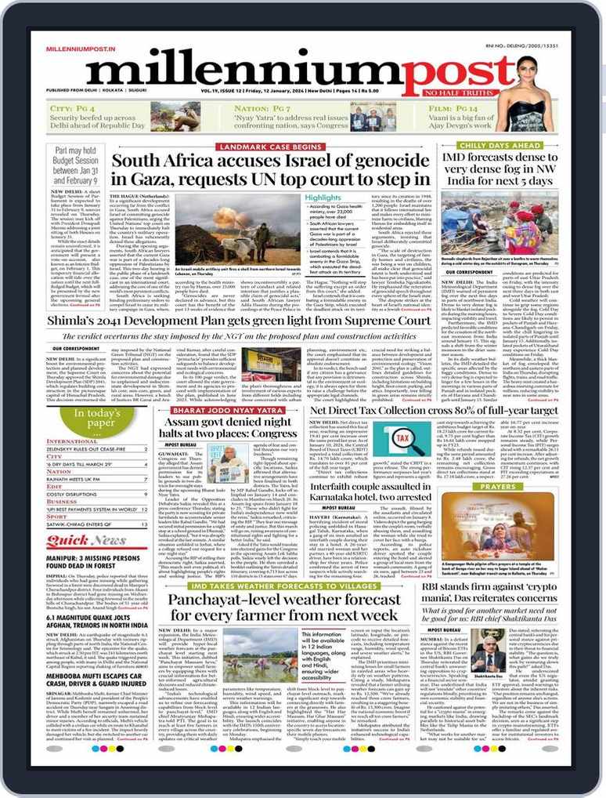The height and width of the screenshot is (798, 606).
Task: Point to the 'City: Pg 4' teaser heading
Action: point(73,108)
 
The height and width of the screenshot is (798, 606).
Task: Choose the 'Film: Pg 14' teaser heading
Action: point(454,108)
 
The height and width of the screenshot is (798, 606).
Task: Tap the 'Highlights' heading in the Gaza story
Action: point(323,198)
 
